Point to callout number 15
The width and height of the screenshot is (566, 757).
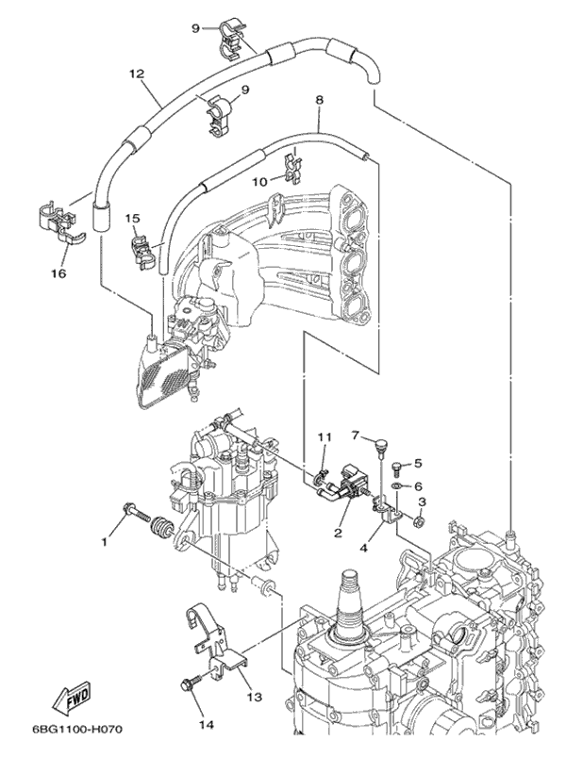pyautogui.click(x=133, y=219)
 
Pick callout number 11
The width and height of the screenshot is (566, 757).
pyautogui.click(x=325, y=437)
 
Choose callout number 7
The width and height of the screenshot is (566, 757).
pyautogui.click(x=357, y=435)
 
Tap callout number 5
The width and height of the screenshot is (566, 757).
pyautogui.click(x=417, y=464)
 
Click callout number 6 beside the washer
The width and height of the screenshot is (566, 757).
pyautogui.click(x=417, y=485)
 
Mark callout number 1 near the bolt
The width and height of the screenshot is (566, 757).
pyautogui.click(x=106, y=542)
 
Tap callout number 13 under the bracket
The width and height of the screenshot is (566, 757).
pyautogui.click(x=252, y=698)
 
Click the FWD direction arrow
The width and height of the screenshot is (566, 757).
pyautogui.click(x=70, y=699)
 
